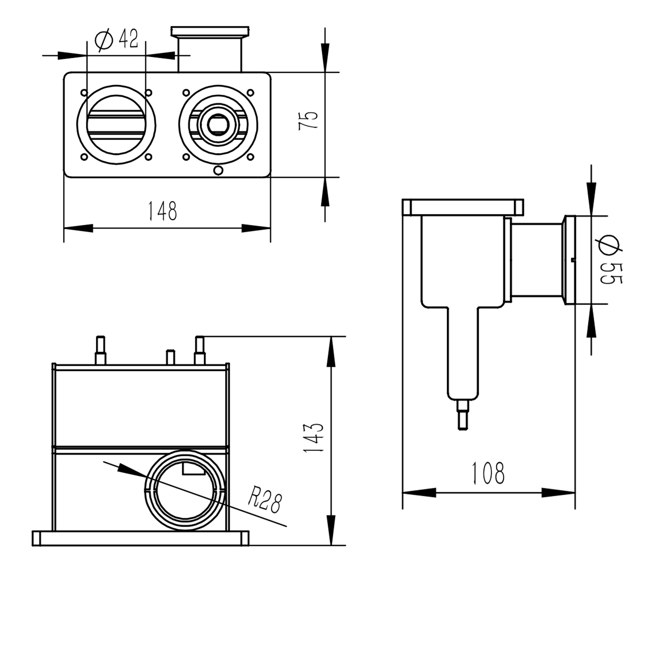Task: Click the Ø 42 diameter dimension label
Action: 117,40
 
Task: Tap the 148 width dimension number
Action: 162,211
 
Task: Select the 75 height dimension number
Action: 308,119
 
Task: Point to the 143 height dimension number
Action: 314,437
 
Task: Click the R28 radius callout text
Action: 264,500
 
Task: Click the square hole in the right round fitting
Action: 218,125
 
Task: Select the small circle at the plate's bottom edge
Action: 218,170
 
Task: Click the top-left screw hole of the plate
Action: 84,93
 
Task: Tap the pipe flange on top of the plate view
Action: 210,31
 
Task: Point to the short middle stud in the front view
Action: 170,357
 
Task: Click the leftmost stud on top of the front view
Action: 100,350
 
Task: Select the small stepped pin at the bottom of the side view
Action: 463,415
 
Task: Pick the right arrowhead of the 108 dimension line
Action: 559,493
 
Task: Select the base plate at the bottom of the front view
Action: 141,538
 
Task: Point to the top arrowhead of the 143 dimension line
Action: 331,352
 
